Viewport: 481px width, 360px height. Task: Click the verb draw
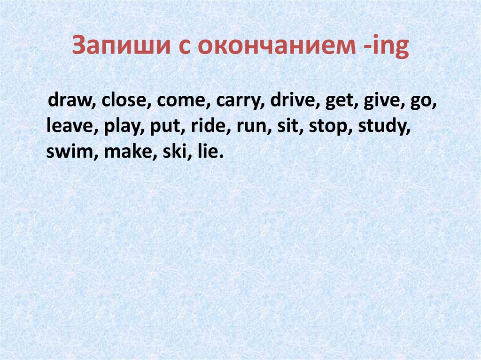69,102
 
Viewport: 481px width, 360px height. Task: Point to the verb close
124,102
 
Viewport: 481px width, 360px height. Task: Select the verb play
119,127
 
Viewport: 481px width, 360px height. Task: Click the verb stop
331,127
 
